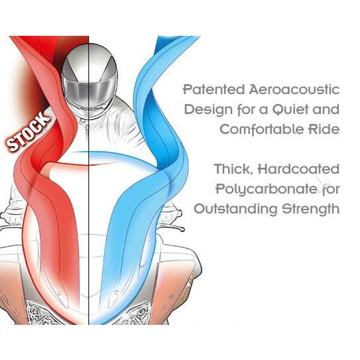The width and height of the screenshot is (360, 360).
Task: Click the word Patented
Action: coord(214,90)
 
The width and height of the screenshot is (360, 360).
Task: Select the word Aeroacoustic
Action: coord(294,90)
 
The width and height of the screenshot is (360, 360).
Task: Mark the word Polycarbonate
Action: coord(267,190)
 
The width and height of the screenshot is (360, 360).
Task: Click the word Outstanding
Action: coord(236,209)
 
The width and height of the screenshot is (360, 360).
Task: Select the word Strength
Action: coord(311,209)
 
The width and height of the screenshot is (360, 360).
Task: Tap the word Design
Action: coord(208,110)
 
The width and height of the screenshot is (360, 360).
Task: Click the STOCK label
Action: coord(29,131)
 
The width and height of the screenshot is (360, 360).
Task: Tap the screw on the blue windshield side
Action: coord(117,292)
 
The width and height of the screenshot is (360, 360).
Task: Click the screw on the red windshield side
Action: coord(59,293)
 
